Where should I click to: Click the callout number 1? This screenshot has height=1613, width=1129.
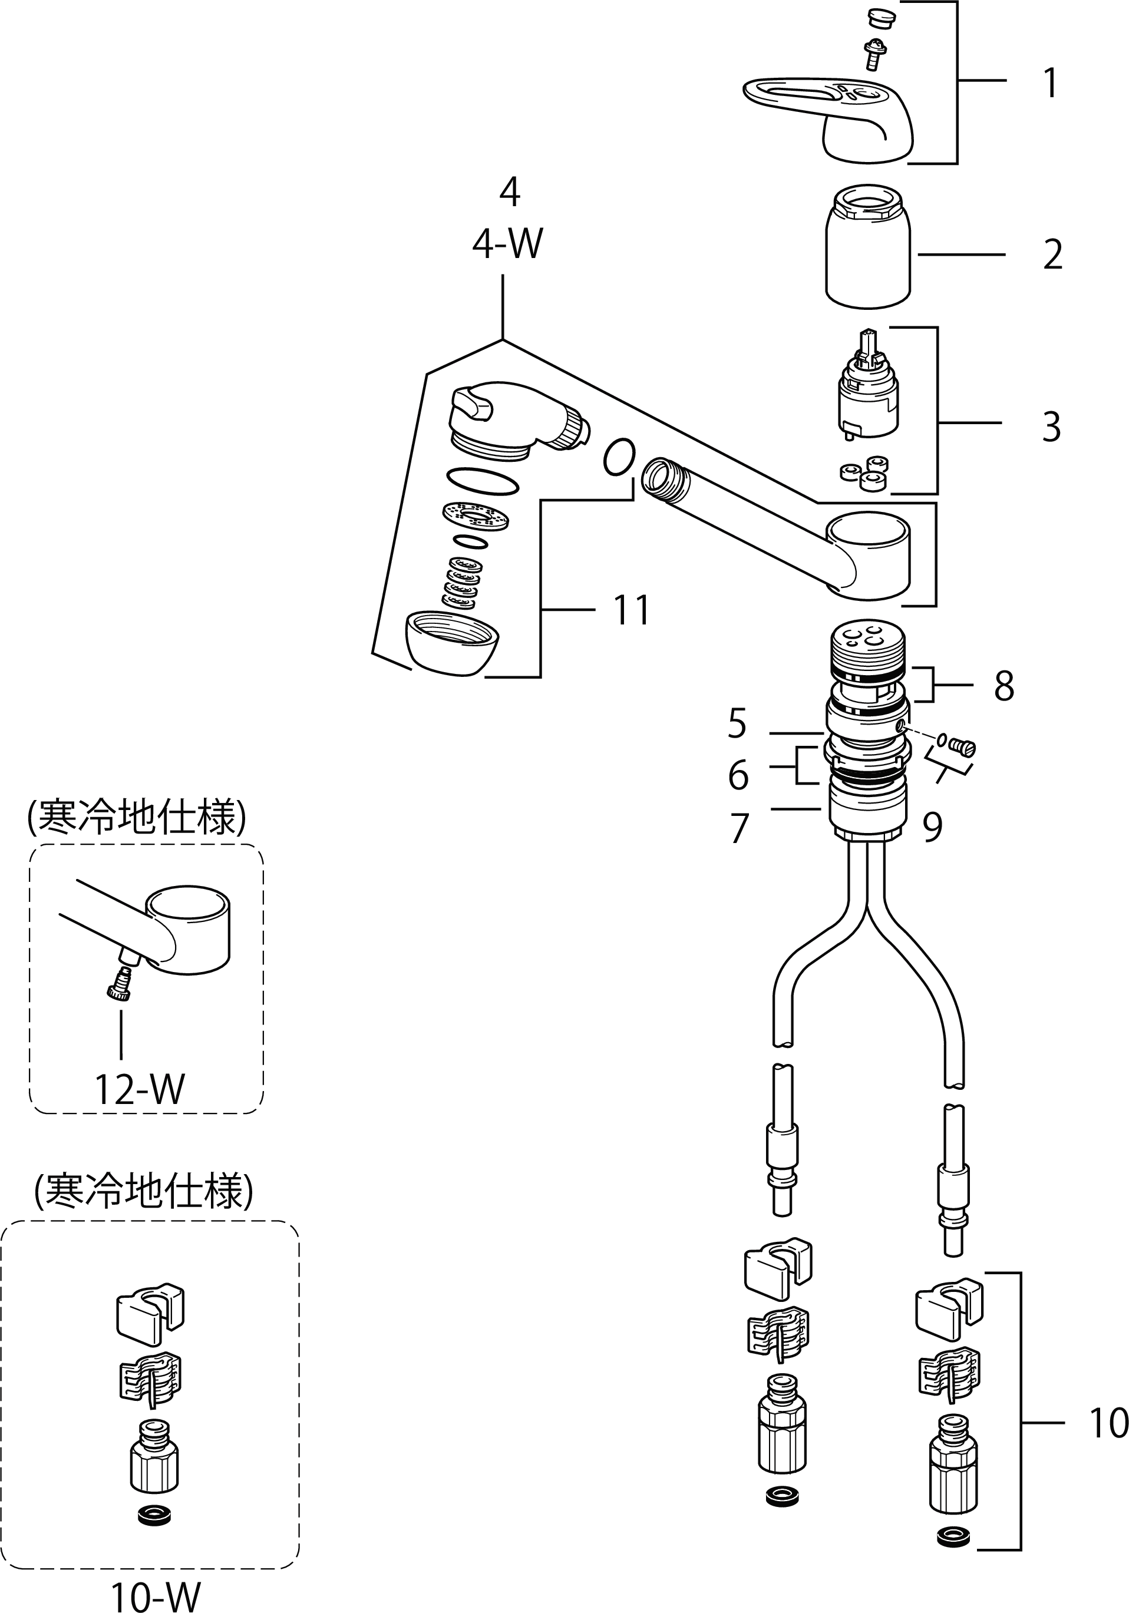click(1050, 83)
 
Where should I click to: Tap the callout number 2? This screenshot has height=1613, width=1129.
click(1052, 254)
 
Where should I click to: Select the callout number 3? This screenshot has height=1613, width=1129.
click(1051, 426)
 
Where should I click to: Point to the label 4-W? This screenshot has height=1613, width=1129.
click(507, 244)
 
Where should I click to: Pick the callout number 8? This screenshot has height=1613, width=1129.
click(1004, 686)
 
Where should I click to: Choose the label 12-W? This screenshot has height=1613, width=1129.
click(139, 1090)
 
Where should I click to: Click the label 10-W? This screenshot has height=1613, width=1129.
click(155, 1595)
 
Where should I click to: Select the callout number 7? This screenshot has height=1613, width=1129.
click(739, 828)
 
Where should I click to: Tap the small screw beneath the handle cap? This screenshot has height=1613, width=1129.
click(874, 54)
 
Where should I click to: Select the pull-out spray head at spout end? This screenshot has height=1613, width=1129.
click(513, 418)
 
